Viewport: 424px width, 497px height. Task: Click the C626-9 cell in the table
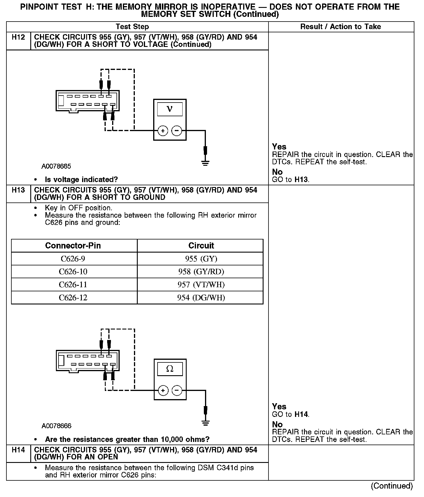click(73, 259)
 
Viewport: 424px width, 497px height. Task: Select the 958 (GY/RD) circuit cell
click(201, 272)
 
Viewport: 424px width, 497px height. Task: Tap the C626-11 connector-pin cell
click(73, 285)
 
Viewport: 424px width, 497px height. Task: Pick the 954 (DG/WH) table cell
click(201, 298)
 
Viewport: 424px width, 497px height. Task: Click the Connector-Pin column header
click(73, 246)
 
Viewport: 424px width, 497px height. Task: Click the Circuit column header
click(201, 246)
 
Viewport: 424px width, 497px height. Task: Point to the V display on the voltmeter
click(170, 109)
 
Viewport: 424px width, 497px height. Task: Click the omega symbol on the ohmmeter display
click(170, 369)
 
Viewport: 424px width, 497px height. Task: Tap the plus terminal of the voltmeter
click(163, 131)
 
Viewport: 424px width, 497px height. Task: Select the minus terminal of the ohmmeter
click(177, 390)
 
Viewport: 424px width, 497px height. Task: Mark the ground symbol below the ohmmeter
click(206, 423)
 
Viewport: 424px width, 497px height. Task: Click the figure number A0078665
click(56, 166)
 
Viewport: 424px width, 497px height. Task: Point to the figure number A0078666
click(56, 426)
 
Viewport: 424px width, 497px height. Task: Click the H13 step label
click(18, 190)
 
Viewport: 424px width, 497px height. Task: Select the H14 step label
click(18, 450)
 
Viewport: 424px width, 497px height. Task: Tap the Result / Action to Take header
click(340, 27)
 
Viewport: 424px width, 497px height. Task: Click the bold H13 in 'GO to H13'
click(301, 179)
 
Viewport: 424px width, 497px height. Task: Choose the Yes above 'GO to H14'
click(279, 406)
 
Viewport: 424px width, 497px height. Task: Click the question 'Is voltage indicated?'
click(81, 179)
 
